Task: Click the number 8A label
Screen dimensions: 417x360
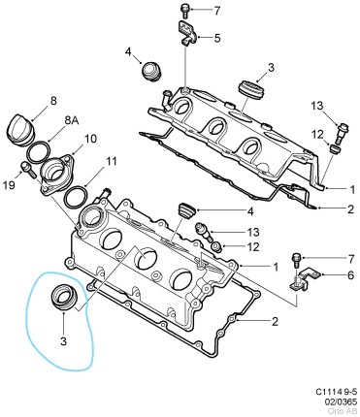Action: coord(72,120)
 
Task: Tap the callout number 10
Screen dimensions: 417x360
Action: coord(89,139)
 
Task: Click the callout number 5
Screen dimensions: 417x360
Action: coord(216,38)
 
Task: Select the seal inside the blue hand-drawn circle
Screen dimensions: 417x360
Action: coord(65,296)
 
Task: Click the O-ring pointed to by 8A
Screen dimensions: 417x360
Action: coord(39,152)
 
